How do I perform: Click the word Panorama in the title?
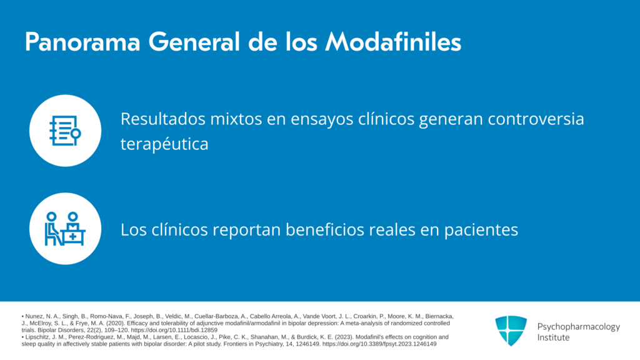coord(82,42)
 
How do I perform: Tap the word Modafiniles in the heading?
coord(393,42)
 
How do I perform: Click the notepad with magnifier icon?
coord(65,131)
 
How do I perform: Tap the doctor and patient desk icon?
coord(65,229)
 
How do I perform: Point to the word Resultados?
coord(163,119)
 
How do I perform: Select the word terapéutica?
coord(164,144)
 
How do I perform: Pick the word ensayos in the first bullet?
coord(310,120)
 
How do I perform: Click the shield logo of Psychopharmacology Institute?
coord(511,331)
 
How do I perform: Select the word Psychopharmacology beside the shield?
coord(578,327)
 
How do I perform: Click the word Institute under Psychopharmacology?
coord(553,337)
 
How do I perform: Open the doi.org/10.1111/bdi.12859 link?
coord(174,330)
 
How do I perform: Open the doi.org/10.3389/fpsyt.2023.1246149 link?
coord(379,344)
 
